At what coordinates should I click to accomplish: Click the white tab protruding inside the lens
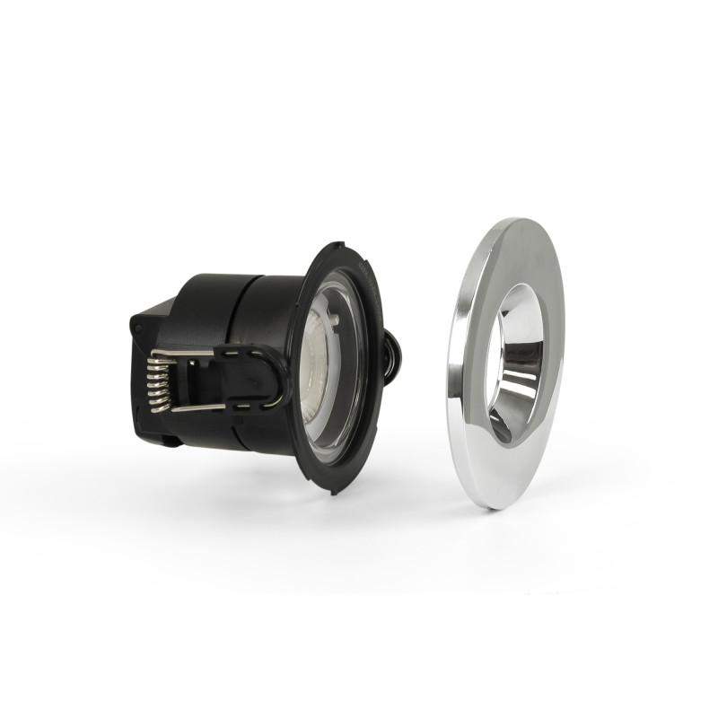330,315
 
